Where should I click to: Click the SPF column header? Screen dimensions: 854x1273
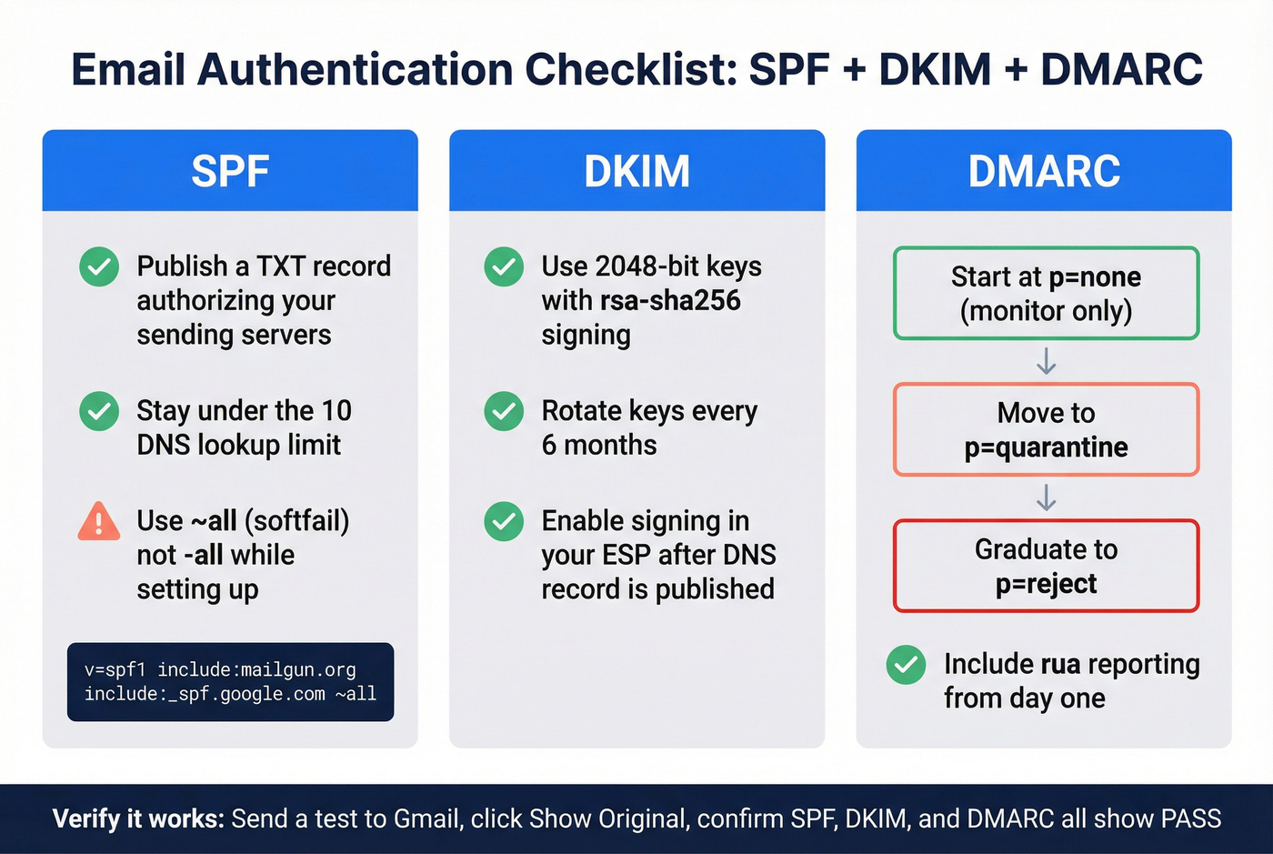click(x=230, y=171)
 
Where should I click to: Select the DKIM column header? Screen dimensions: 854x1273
click(x=636, y=171)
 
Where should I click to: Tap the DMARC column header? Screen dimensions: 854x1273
click(x=1044, y=171)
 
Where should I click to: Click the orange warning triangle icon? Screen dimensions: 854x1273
click(x=99, y=522)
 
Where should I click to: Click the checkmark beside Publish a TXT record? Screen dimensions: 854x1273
click(x=99, y=266)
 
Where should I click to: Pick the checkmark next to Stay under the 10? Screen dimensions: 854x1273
click(x=99, y=411)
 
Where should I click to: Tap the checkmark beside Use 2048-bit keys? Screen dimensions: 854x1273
click(x=504, y=266)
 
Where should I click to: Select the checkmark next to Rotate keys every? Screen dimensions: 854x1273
click(x=504, y=411)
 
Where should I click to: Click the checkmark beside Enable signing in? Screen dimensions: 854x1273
click(x=504, y=521)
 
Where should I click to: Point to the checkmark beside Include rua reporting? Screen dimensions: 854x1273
click(x=906, y=665)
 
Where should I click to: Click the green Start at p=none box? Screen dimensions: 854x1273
click(x=1046, y=293)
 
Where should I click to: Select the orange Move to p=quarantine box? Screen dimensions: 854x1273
click(x=1046, y=429)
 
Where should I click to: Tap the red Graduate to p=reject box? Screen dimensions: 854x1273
click(x=1046, y=566)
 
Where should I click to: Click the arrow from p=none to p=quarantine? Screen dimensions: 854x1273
click(x=1046, y=361)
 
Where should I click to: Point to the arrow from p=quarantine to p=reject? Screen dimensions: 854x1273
click(x=1046, y=497)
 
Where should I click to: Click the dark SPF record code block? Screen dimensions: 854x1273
click(x=230, y=682)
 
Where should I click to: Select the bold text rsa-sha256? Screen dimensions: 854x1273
click(x=670, y=301)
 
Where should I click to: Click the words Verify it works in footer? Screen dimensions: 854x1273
click(x=137, y=819)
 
